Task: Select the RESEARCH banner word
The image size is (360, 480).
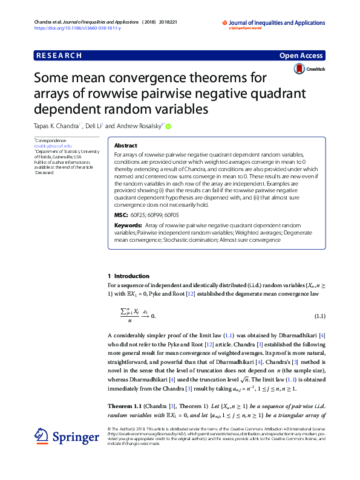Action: coord(59,56)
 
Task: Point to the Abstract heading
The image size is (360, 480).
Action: coord(125,146)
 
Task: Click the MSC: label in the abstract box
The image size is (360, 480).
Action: coord(120,215)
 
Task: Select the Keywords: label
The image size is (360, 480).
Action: coord(129,225)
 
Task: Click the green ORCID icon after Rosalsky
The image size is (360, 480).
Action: coord(168,126)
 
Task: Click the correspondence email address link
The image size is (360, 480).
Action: coord(53,146)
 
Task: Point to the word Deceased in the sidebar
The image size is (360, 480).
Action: coord(45,172)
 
